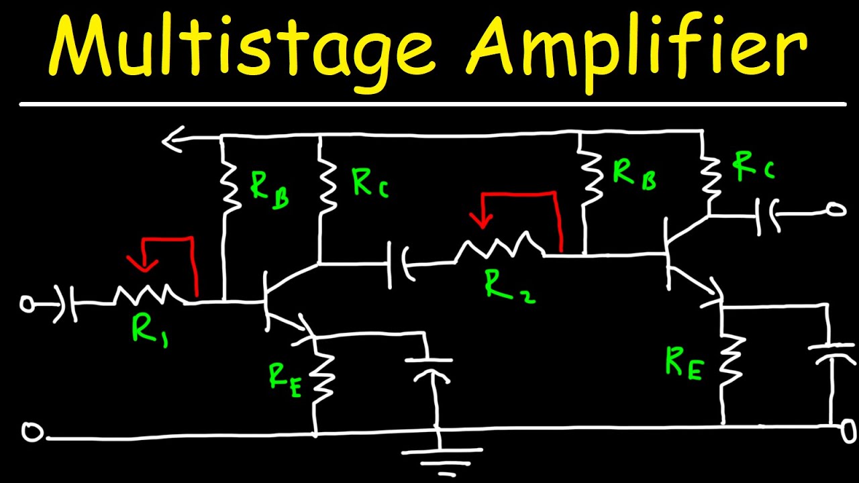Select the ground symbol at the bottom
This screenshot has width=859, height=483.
441,456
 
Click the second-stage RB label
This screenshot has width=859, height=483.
634,173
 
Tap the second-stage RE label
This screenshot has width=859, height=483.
684,362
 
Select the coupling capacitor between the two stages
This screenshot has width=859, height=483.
397,266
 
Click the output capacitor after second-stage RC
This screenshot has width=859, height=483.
768,215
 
